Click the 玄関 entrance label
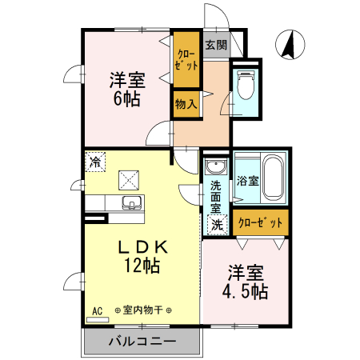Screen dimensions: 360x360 point(215,45)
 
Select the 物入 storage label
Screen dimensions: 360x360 point(186,103)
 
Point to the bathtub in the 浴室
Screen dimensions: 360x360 point(273,179)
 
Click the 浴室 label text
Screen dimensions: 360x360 point(247,181)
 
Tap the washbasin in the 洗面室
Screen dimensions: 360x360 point(214,167)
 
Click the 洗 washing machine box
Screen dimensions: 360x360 point(216,223)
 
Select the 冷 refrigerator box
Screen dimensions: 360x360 point(96,162)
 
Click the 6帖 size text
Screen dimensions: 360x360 point(125,98)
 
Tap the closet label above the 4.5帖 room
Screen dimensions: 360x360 point(260,223)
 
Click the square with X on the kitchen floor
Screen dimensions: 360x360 point(129,178)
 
